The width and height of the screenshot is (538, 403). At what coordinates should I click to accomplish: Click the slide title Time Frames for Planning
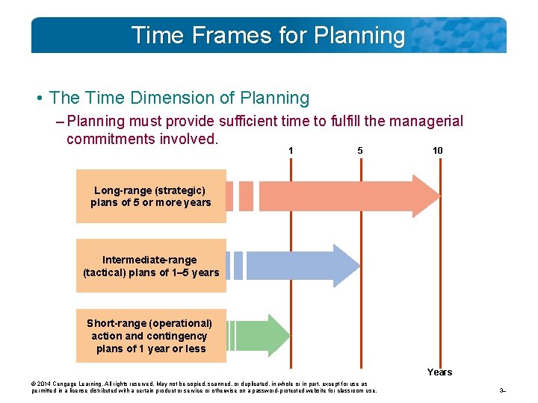268,35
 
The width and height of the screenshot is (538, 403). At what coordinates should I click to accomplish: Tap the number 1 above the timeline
291,151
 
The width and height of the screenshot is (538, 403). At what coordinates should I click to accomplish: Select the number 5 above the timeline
360,151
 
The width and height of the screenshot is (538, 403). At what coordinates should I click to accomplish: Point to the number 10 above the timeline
438,151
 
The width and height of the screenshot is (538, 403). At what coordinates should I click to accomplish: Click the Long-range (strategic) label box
151,196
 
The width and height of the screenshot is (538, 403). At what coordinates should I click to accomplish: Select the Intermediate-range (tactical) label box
151,266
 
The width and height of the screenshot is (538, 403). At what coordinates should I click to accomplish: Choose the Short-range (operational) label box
151,336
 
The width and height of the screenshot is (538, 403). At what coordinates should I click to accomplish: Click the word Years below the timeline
439,372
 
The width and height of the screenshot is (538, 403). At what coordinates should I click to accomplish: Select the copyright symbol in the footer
34,384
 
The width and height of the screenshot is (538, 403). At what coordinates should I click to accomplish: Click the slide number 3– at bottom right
503,390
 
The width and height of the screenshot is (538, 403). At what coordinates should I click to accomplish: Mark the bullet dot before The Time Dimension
38,99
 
